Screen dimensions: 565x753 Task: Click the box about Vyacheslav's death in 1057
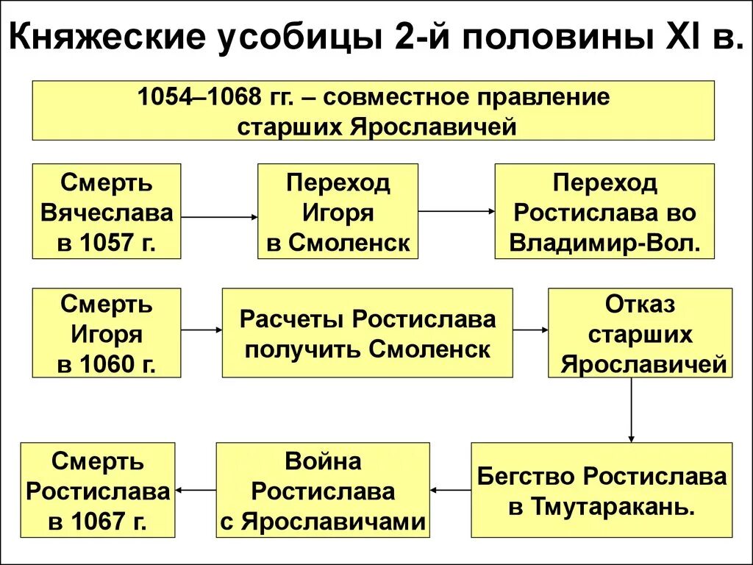pyautogui.click(x=107, y=212)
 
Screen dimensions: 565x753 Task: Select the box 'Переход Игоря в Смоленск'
pyautogui.click(x=338, y=212)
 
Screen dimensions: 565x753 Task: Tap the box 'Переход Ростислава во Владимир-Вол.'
pyautogui.click(x=604, y=212)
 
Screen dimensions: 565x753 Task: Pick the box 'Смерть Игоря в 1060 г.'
pyautogui.click(x=107, y=333)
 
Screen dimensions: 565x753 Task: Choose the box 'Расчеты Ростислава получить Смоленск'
pyautogui.click(x=367, y=333)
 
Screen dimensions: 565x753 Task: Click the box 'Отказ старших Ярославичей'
pyautogui.click(x=640, y=333)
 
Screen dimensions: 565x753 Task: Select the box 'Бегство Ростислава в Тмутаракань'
pyautogui.click(x=602, y=490)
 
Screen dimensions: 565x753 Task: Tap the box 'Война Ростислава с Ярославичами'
pyautogui.click(x=322, y=490)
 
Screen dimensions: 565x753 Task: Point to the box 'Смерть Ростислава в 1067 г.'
pyautogui.click(x=98, y=490)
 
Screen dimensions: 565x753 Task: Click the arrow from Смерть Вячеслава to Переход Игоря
pyautogui.click(x=219, y=217)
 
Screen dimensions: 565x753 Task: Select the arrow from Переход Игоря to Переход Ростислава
pyautogui.click(x=456, y=212)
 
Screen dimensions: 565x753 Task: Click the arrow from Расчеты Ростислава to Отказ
pyautogui.click(x=530, y=331)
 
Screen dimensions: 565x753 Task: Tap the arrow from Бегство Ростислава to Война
pyautogui.click(x=450, y=489)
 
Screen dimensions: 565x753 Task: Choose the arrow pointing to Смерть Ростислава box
pyautogui.click(x=195, y=489)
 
